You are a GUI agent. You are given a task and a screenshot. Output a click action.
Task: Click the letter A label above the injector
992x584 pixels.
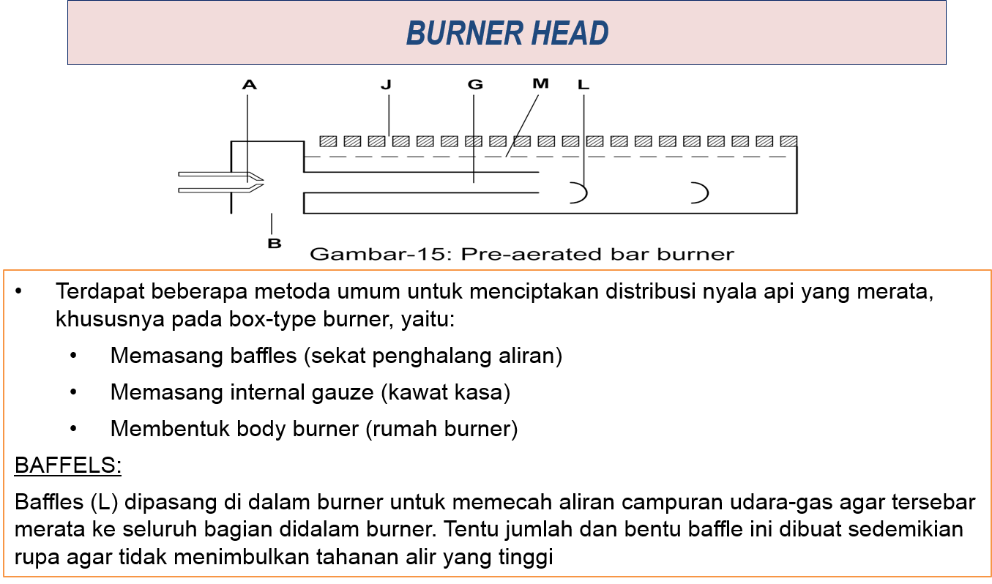[250, 86]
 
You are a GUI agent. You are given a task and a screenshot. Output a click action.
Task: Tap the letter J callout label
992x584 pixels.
[386, 85]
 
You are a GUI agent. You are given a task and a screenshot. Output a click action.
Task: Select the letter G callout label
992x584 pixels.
[475, 85]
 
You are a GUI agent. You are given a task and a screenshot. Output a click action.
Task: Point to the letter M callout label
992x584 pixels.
[540, 84]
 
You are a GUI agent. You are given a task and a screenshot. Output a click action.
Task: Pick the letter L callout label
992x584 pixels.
[583, 85]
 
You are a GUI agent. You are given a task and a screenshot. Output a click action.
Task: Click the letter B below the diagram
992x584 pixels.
[274, 243]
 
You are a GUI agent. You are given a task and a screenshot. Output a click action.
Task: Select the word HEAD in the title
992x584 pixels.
[573, 34]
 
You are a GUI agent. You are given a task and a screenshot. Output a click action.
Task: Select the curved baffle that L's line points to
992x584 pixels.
[580, 193]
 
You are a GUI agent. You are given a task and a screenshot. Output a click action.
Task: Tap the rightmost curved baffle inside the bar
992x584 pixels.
[701, 193]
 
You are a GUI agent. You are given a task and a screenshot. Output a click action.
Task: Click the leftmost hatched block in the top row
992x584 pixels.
[328, 141]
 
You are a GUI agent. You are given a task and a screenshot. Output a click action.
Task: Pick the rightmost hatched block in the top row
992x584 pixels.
[788, 141]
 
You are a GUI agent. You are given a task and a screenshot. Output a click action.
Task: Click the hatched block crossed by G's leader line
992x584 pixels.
[474, 141]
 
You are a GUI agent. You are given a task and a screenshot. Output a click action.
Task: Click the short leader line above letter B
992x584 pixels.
[272, 223]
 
